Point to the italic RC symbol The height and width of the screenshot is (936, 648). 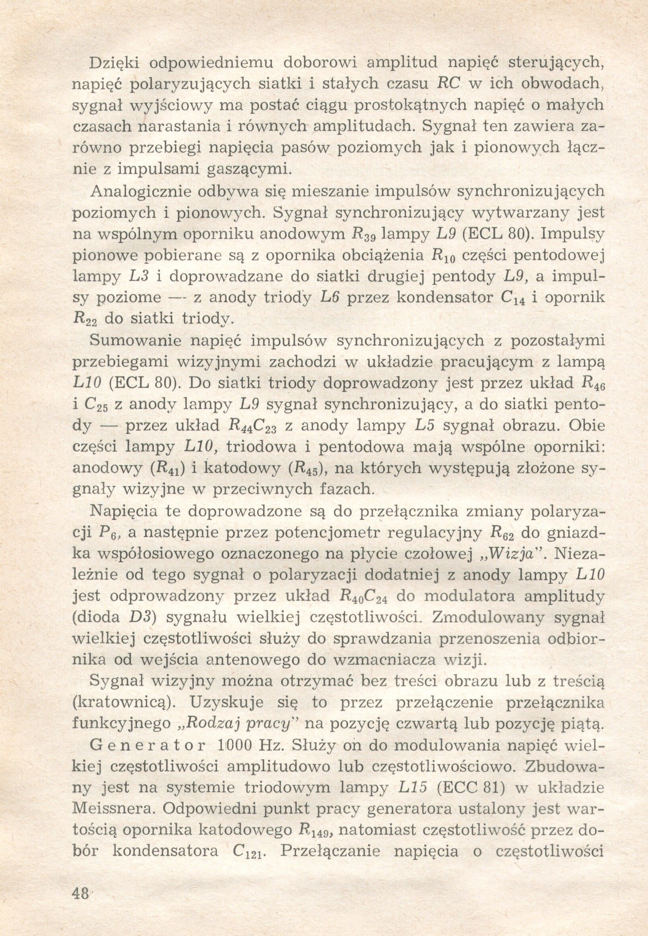pos(448,83)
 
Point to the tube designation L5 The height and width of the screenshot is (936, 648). pos(425,425)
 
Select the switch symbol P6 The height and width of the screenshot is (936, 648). pos(108,533)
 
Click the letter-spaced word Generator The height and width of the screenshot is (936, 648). pos(148,745)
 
